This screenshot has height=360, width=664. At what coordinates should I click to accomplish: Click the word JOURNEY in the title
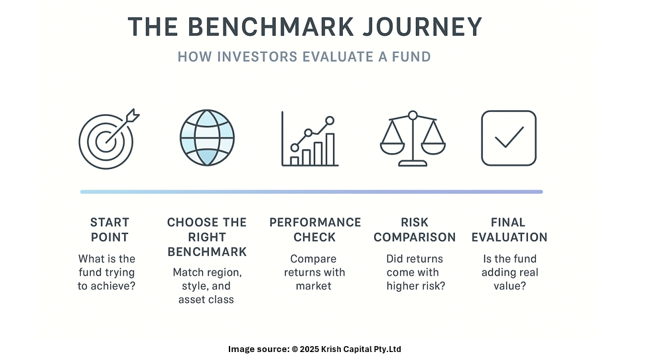tap(422, 27)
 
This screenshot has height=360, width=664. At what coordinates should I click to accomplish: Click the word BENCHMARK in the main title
tap(271, 27)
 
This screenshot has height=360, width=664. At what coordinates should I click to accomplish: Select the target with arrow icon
tap(109, 139)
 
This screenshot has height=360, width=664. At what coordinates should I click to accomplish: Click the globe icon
tap(207, 138)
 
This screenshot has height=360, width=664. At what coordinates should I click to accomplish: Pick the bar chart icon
tap(310, 139)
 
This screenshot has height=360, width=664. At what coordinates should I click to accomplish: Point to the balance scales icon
tap(413, 139)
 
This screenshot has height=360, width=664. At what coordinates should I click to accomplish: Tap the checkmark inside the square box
tap(509, 137)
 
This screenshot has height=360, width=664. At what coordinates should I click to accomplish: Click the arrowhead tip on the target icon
tap(139, 112)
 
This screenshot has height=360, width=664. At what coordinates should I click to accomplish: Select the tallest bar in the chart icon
tap(330, 149)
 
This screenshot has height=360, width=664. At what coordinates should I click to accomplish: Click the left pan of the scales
tap(392, 149)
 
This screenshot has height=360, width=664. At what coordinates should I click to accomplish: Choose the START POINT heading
tap(109, 229)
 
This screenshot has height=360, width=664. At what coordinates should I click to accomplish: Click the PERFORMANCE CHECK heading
tap(315, 229)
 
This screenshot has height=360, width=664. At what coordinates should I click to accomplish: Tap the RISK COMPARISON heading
tap(415, 229)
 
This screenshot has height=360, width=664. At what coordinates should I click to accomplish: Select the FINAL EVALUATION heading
tap(509, 229)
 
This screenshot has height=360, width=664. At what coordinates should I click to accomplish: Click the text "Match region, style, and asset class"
tap(207, 286)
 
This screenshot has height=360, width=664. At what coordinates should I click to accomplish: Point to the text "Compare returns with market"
tap(314, 272)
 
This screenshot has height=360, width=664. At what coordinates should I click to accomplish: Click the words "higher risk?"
tap(416, 286)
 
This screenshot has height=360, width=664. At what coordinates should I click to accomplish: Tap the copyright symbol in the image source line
tap(295, 349)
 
